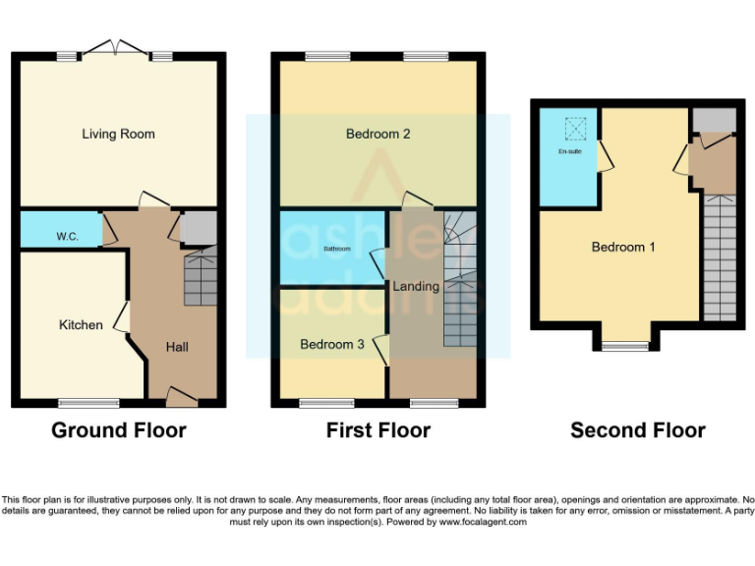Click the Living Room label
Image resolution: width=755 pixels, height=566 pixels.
click(x=118, y=134)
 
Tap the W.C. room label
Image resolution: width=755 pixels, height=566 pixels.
click(x=67, y=237)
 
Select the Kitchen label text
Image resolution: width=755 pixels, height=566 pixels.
click(x=81, y=324)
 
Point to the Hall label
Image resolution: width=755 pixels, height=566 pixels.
click(x=177, y=347)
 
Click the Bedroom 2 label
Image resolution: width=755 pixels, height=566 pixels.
click(x=377, y=134)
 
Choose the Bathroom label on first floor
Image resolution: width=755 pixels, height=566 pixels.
click(x=337, y=249)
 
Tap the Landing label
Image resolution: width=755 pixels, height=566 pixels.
click(x=416, y=287)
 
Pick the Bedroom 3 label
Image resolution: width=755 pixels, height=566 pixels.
click(x=332, y=344)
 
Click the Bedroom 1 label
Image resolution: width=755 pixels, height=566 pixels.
click(x=623, y=247)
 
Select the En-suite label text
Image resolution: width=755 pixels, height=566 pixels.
click(x=569, y=151)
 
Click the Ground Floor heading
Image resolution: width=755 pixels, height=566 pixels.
click(x=118, y=430)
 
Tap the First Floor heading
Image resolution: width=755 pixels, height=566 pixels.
click(x=378, y=430)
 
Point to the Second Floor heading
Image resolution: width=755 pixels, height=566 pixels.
click(x=638, y=430)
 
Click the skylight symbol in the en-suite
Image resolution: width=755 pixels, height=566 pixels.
click(x=575, y=128)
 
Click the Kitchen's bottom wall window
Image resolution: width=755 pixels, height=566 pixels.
click(x=88, y=403)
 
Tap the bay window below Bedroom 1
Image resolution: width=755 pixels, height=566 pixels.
click(x=625, y=346)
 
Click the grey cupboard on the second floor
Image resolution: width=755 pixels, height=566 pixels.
click(x=713, y=120)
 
